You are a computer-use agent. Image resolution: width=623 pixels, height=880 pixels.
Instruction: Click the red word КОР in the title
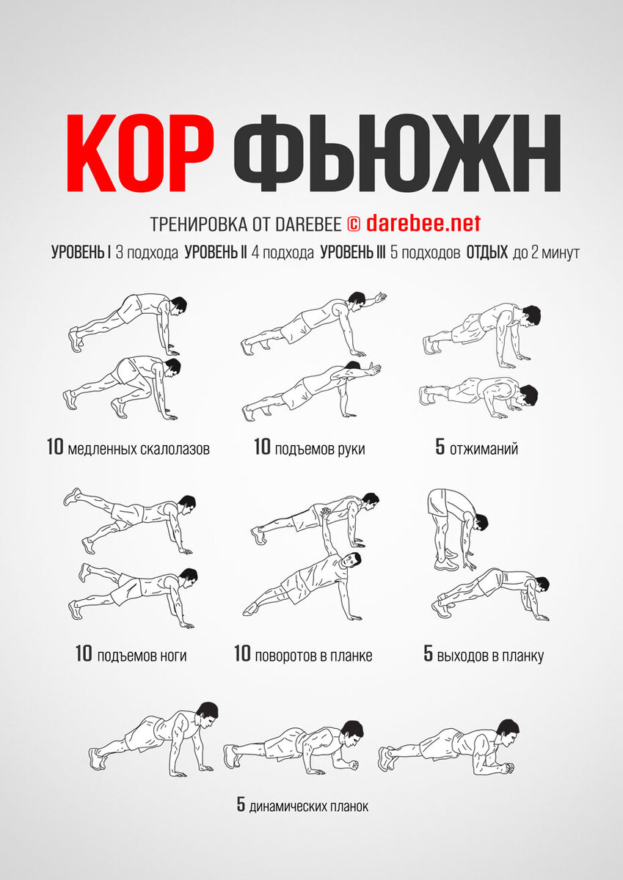[x=140, y=153]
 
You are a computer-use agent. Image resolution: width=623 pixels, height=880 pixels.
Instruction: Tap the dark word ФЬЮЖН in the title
[x=397, y=153]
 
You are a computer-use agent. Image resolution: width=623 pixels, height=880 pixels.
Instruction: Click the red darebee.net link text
[x=423, y=224]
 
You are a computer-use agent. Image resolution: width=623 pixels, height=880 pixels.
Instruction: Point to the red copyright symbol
[x=354, y=224]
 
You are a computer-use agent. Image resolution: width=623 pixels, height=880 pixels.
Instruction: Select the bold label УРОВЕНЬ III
[x=353, y=252]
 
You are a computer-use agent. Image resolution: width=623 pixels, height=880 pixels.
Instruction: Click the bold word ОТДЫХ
[x=487, y=252]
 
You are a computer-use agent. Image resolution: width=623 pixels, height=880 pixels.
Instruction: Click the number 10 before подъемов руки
[x=262, y=447]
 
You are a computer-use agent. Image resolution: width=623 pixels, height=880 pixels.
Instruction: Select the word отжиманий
[x=484, y=449]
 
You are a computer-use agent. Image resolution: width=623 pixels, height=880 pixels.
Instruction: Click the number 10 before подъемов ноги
[x=84, y=653]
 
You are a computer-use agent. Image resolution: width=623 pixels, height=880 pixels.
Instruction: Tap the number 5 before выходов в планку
[x=428, y=653]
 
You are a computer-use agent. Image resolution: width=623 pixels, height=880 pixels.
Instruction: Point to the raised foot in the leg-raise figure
[x=72, y=496]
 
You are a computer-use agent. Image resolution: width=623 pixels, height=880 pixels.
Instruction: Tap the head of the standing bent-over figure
[x=481, y=523]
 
